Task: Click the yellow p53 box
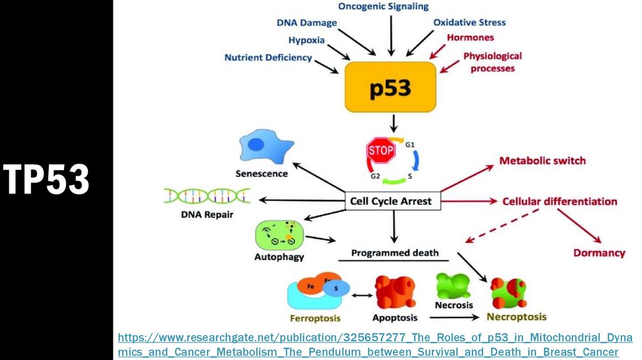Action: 389,88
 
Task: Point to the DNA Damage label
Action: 307,23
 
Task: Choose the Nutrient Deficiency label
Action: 268,58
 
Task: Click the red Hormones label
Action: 470,38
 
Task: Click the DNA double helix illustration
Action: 207,196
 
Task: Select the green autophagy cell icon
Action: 279,235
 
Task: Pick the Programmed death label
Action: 394,253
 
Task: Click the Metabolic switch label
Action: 542,161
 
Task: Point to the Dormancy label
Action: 599,253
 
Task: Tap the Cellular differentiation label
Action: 560,201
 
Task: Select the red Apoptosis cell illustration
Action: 395,292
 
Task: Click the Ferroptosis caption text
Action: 315,317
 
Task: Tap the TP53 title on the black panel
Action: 46,179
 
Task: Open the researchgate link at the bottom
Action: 375,345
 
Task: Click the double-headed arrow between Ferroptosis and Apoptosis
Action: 360,295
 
